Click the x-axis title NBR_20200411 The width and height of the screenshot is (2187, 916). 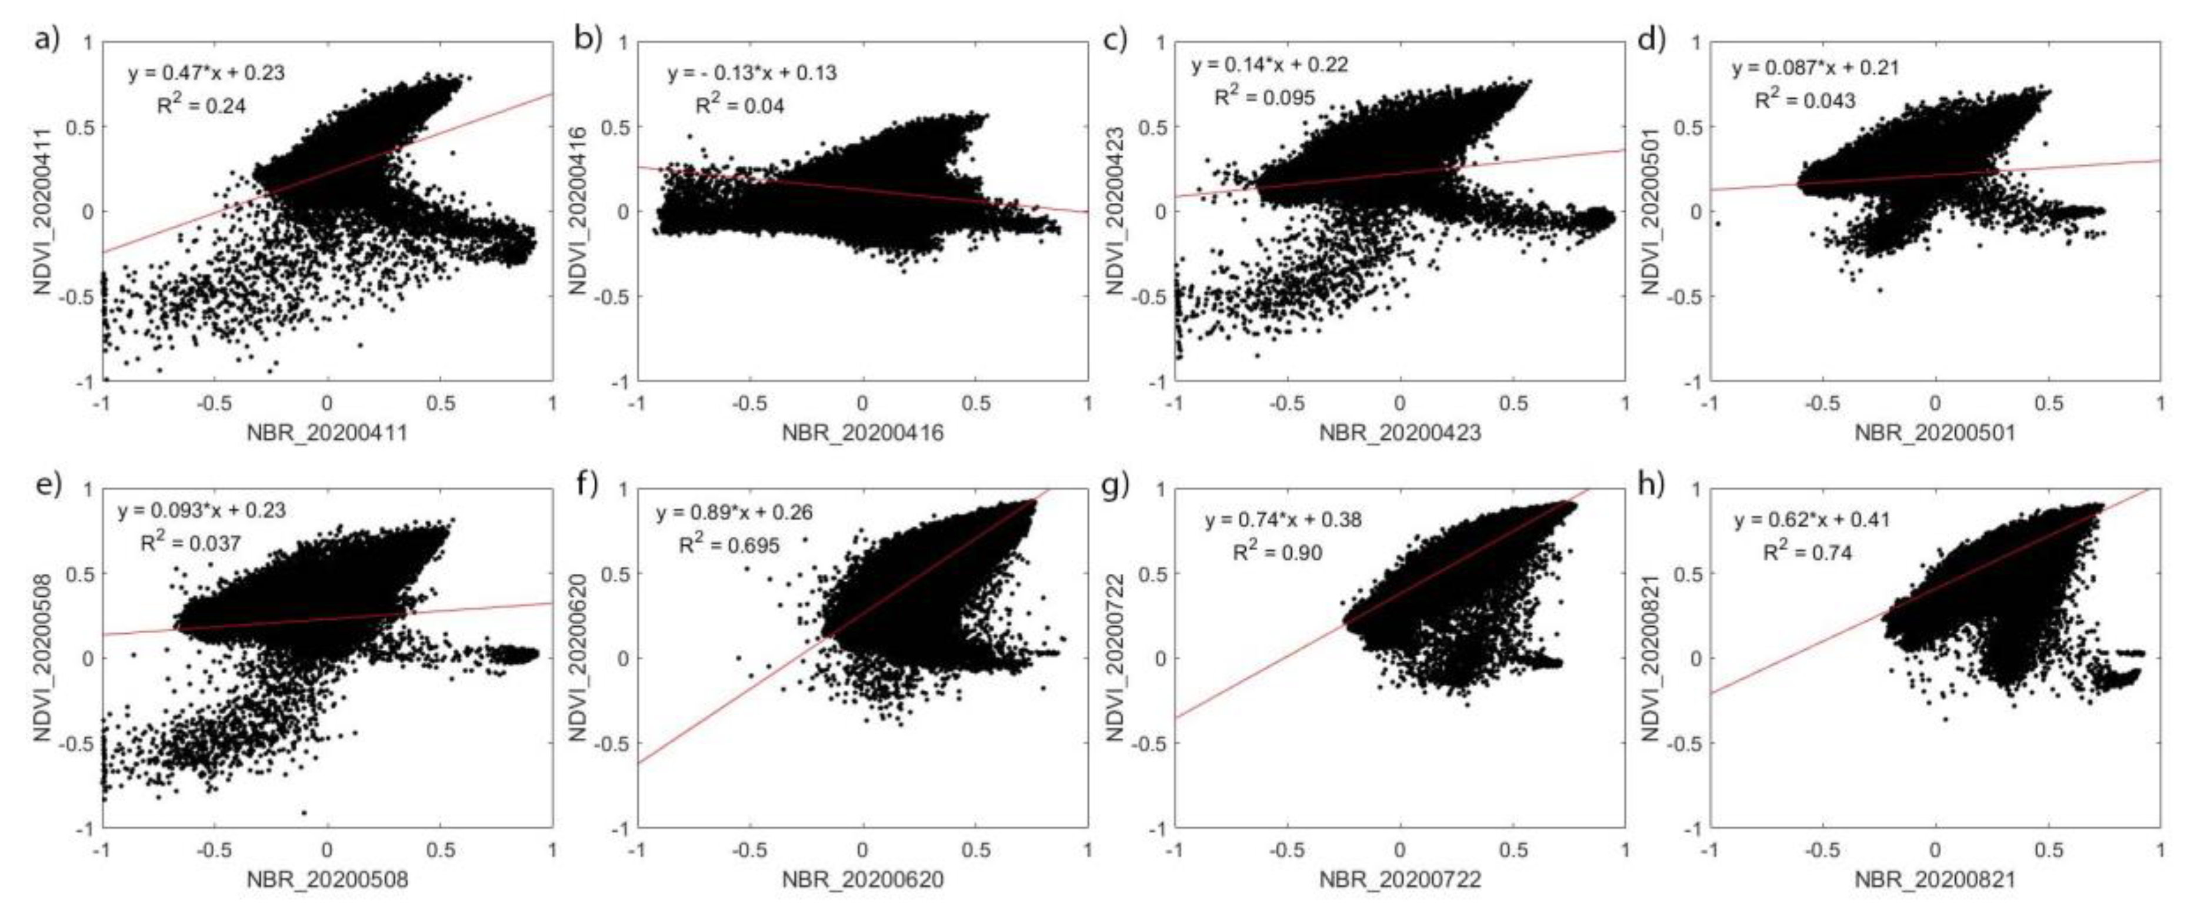pyautogui.click(x=327, y=433)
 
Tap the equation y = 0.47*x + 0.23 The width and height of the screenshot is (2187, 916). pyautogui.click(x=206, y=72)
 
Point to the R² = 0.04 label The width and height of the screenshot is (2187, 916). pyautogui.click(x=739, y=105)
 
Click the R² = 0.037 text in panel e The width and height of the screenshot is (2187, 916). pyautogui.click(x=189, y=541)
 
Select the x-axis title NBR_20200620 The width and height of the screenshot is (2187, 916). pyautogui.click(x=862, y=880)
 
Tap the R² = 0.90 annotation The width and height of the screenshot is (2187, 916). pyautogui.click(x=1277, y=552)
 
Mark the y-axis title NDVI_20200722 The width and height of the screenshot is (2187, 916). pyautogui.click(x=1115, y=657)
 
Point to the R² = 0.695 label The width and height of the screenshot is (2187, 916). pyautogui.click(x=728, y=544)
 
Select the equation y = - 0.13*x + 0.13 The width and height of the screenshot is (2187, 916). pyautogui.click(x=751, y=73)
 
